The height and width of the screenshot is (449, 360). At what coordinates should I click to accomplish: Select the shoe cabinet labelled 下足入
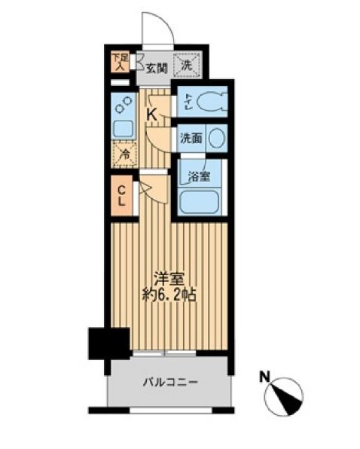[118, 60]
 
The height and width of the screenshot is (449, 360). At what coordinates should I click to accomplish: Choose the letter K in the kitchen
[151, 115]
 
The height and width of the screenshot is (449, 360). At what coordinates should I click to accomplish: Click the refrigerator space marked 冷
[122, 155]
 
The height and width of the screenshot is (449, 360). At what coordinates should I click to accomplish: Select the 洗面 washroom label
[190, 139]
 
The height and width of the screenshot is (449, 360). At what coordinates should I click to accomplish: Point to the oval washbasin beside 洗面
[216, 139]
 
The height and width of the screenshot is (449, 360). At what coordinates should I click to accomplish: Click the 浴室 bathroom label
[199, 176]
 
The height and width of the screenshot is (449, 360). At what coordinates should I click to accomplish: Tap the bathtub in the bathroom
[199, 200]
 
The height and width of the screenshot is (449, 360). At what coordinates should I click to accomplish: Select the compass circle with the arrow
[286, 392]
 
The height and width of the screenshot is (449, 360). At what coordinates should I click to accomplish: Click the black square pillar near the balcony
[104, 343]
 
